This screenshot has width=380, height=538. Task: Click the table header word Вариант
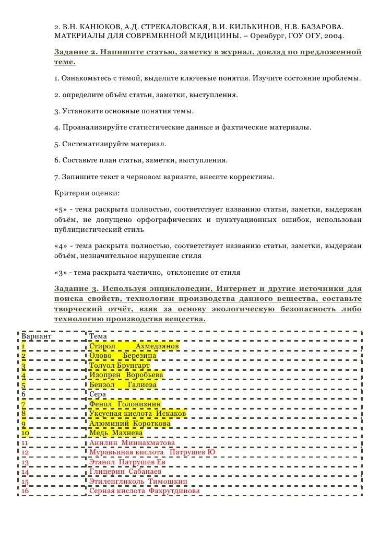(x=36, y=336)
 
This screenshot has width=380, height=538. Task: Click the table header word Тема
(x=98, y=336)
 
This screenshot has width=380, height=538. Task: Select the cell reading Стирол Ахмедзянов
(x=134, y=346)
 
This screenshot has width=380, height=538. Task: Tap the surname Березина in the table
(x=140, y=356)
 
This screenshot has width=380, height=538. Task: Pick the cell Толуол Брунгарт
(x=120, y=366)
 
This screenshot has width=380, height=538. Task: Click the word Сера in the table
(x=98, y=394)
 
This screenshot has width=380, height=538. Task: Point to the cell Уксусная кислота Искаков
(x=138, y=414)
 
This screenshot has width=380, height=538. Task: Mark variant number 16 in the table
(x=25, y=491)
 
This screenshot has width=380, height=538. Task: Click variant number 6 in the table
(x=23, y=394)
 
